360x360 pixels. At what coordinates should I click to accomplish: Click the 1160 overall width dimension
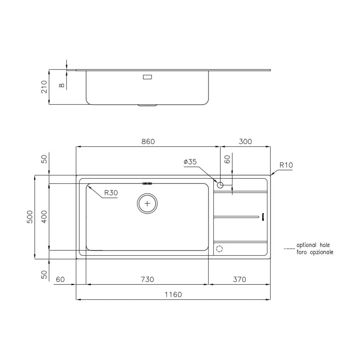[x=173, y=294]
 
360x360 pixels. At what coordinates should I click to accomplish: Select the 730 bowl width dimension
[x=147, y=279]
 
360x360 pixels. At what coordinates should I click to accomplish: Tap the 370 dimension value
[x=239, y=279]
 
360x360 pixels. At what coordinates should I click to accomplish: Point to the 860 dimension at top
[x=148, y=141]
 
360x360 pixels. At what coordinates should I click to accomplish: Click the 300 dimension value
[x=245, y=141]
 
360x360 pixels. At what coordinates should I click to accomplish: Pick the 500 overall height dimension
[x=30, y=217]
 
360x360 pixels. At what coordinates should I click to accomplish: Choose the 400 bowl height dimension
[x=44, y=217]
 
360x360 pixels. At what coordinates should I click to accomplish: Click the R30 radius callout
[x=111, y=193]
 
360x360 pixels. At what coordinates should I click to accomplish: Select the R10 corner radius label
[x=286, y=165]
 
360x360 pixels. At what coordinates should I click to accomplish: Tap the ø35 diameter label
[x=190, y=162]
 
